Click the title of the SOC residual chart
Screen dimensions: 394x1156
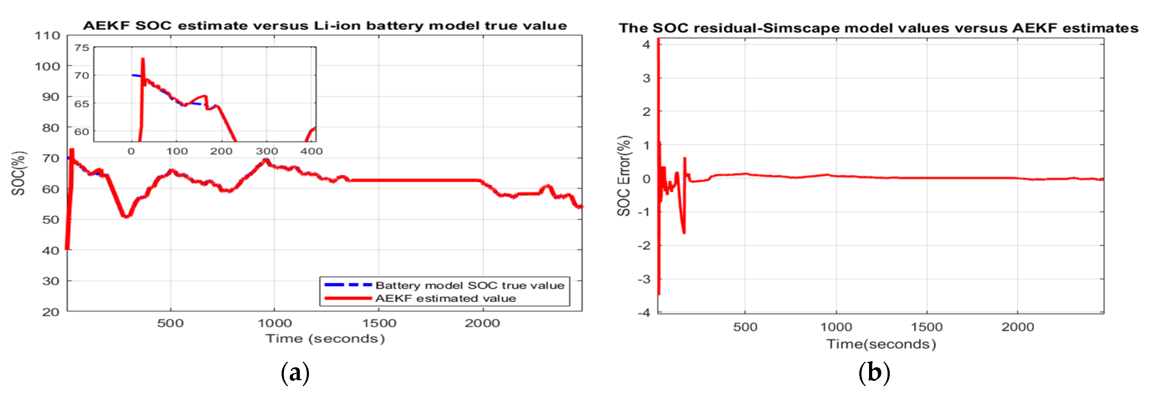(878, 28)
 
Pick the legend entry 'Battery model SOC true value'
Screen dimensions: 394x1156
(469, 285)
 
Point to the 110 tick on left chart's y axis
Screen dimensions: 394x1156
(47, 35)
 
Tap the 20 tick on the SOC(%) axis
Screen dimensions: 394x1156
(50, 312)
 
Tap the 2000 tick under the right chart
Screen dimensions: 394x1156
(1017, 327)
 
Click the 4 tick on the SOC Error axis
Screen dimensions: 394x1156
(646, 44)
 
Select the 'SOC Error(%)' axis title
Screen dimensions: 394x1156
(624, 176)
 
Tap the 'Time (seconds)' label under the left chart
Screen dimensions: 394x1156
(325, 339)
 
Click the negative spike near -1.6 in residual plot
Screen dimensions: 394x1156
(684, 233)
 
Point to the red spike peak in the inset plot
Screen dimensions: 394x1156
(143, 59)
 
